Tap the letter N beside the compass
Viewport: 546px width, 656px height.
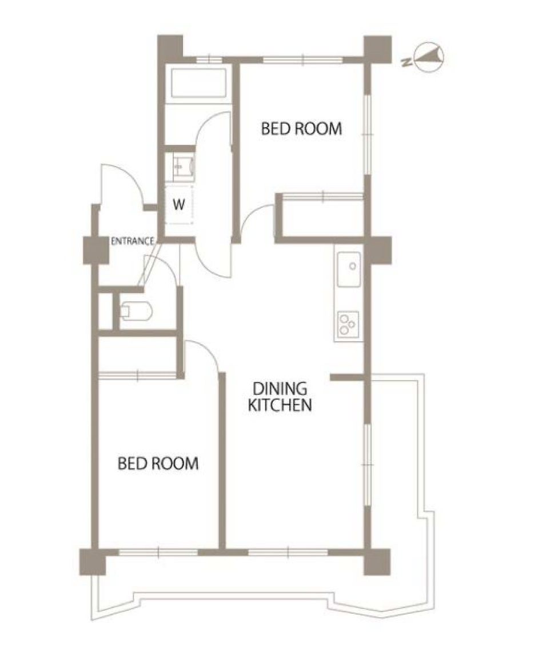(405, 62)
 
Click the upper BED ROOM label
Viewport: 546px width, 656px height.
(301, 128)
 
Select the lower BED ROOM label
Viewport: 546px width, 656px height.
(158, 464)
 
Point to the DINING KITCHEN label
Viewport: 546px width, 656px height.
(280, 397)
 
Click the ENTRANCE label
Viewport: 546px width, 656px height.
(133, 241)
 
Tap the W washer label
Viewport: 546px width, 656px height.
(179, 205)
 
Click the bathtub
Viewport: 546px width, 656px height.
(199, 83)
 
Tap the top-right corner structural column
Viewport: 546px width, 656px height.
(378, 49)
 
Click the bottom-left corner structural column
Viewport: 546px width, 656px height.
(93, 562)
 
